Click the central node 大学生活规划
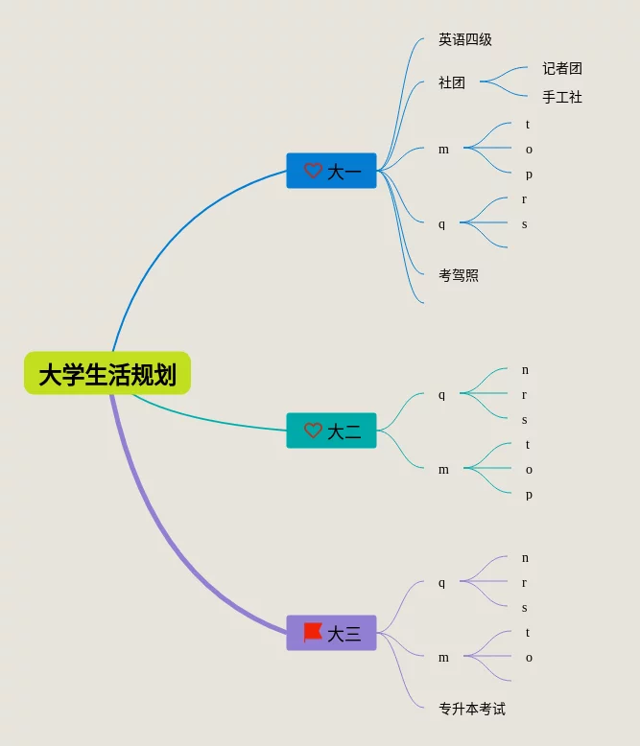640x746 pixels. (x=107, y=373)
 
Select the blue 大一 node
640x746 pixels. (x=332, y=171)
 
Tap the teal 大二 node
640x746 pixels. (x=332, y=431)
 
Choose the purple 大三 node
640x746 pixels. (x=332, y=633)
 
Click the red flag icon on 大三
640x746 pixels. (x=313, y=632)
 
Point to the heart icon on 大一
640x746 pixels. (x=313, y=171)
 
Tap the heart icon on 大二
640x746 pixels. (x=313, y=431)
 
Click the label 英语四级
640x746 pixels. (x=465, y=39)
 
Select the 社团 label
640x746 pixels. (x=452, y=82)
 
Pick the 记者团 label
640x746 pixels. (x=562, y=68)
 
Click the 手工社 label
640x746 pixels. (x=562, y=97)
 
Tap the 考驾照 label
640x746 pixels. (x=459, y=275)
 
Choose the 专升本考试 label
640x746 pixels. (x=472, y=709)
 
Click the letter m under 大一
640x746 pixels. (x=443, y=150)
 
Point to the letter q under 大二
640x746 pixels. (x=442, y=395)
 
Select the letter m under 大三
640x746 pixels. (x=443, y=658)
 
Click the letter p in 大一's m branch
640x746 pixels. (x=529, y=175)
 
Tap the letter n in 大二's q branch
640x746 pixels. (x=525, y=370)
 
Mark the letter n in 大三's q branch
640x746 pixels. (x=525, y=558)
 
